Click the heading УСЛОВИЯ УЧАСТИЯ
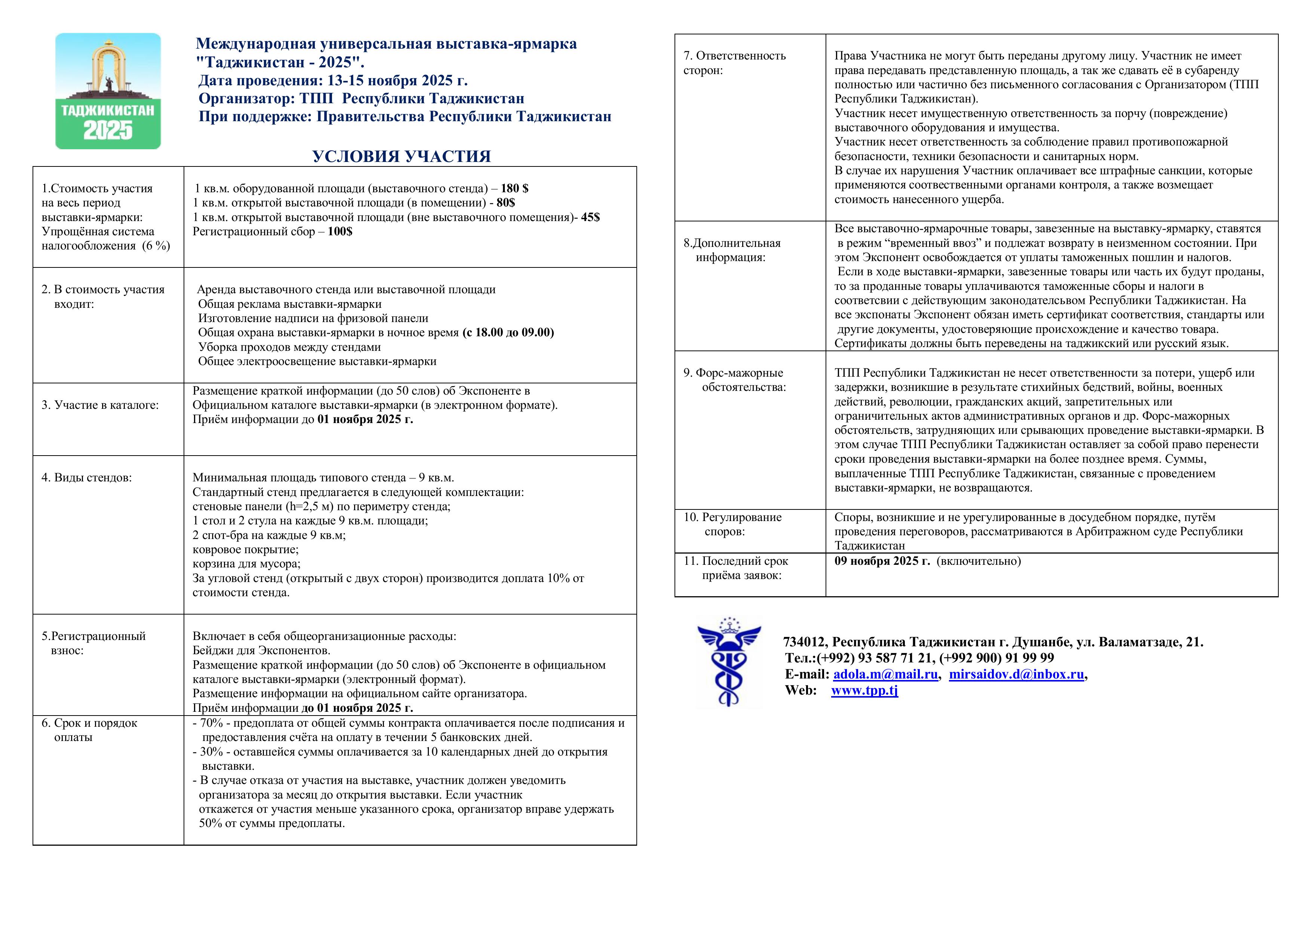pyautogui.click(x=401, y=157)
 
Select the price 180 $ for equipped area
pyautogui.click(x=514, y=189)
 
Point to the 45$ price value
pyautogui.click(x=590, y=217)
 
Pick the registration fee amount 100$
pyautogui.click(x=340, y=232)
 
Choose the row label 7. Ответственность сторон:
pyautogui.click(x=734, y=63)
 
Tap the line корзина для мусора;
pyautogui.click(x=246, y=564)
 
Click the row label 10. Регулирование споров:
pyautogui.click(x=732, y=524)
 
